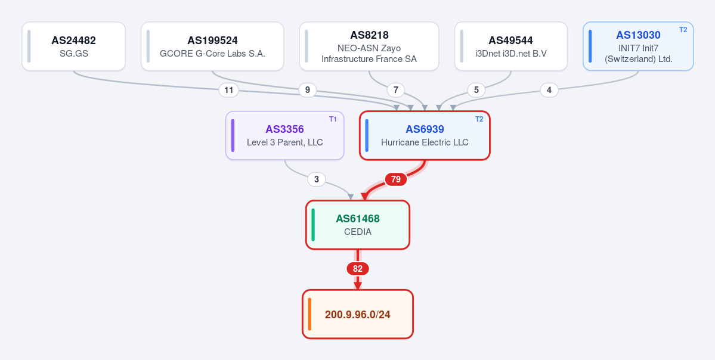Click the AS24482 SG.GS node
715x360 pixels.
point(73,46)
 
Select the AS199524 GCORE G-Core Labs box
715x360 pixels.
point(212,46)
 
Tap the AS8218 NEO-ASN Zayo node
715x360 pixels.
point(369,46)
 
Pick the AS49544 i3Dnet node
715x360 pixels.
point(510,46)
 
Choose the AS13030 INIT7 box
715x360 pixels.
point(638,46)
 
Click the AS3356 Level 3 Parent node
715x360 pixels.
point(284,135)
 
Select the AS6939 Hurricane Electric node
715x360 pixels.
point(425,135)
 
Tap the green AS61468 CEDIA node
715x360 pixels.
point(358,225)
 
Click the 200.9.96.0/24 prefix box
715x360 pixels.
point(358,314)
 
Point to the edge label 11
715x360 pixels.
point(229,90)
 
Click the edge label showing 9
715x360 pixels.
point(307,90)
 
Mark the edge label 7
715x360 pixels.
point(396,90)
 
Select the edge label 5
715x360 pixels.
point(476,90)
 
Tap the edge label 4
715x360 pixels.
point(549,90)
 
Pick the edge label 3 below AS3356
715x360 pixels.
point(317,179)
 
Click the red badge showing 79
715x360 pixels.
point(396,179)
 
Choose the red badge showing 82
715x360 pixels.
point(358,269)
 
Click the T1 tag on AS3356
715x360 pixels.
point(333,119)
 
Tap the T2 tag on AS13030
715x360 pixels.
point(683,30)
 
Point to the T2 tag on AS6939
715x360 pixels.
point(479,119)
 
